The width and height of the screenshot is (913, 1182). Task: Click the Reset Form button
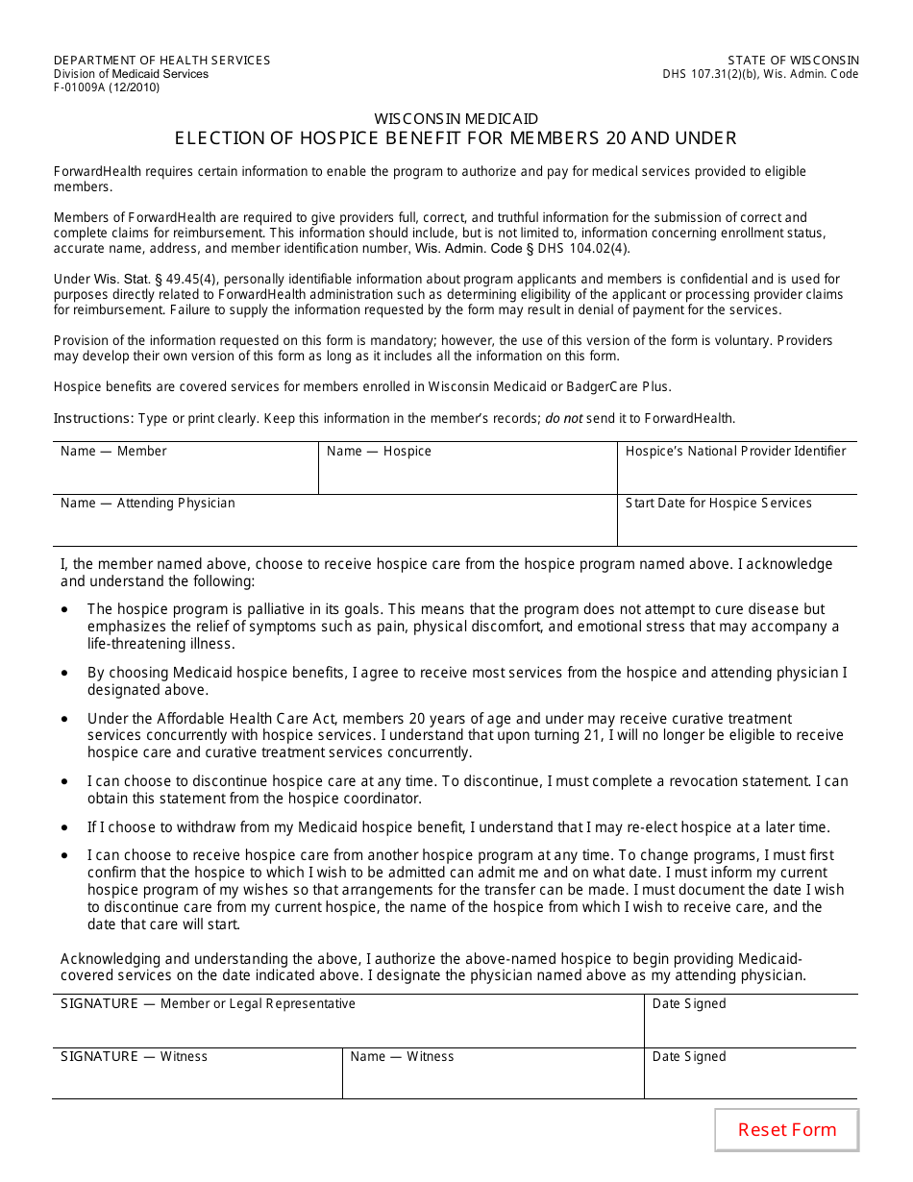click(786, 1130)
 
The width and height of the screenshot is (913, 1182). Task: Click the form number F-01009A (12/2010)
click(107, 87)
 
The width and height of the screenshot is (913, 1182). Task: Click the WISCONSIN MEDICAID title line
click(456, 119)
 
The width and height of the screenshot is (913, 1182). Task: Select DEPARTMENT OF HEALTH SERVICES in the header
click(161, 61)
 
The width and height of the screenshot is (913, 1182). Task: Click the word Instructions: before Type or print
click(93, 419)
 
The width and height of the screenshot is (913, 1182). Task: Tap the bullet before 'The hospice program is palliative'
click(64, 610)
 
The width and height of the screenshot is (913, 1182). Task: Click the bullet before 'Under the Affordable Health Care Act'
click(64, 720)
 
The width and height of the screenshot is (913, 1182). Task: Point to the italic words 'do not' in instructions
click(564, 419)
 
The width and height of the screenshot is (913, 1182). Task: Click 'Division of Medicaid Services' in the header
click(131, 74)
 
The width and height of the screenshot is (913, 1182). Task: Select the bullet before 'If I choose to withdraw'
click(64, 828)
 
